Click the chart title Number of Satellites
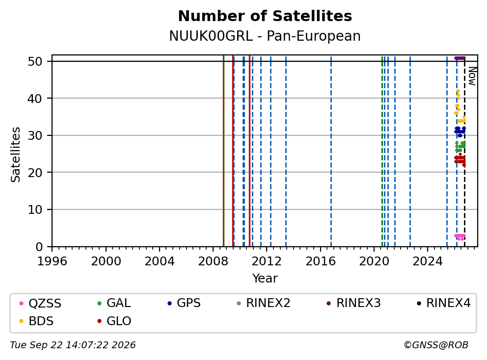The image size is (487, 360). tap(265, 16)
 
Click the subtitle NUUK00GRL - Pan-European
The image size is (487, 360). tap(265, 36)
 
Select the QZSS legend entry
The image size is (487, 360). tap(40, 303)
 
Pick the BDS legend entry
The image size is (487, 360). tap(36, 321)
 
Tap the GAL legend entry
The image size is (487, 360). tap(114, 303)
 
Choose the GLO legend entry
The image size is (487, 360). tap(114, 321)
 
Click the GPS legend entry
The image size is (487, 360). tap(184, 303)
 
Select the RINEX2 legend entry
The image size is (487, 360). tap(263, 303)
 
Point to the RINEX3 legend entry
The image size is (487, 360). tap(354, 303)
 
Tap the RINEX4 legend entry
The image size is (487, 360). tap(444, 303)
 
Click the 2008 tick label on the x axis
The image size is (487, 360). tap(213, 261)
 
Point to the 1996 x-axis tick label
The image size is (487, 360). tap(52, 261)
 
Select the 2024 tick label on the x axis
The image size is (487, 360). tap(428, 261)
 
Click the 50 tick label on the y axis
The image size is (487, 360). tap(35, 61)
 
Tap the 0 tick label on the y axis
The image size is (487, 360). tap(39, 247)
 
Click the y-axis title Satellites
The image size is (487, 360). tap(16, 154)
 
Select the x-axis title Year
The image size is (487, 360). tap(265, 279)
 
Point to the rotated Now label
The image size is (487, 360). tap(472, 77)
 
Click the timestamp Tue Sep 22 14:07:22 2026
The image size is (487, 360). tap(73, 345)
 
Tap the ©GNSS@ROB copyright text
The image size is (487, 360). tap(436, 345)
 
